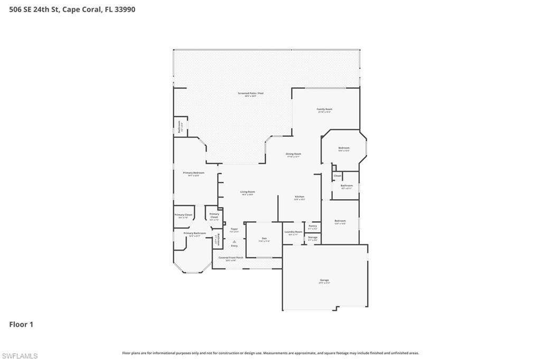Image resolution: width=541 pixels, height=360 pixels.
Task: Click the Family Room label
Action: [324, 109]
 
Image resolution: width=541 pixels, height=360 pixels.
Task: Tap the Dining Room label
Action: [293, 154]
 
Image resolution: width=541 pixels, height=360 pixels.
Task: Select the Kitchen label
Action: [300, 197]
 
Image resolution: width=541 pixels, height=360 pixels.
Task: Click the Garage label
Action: [324, 280]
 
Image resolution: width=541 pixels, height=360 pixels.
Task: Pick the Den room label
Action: [264, 239]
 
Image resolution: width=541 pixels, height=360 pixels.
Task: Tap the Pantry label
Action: [313, 226]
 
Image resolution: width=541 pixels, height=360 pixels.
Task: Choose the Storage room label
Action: [313, 238]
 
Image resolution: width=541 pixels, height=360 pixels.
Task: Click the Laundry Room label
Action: [293, 232]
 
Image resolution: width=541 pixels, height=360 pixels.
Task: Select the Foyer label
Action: [234, 229]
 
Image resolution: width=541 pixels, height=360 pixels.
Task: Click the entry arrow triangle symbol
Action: [234, 241]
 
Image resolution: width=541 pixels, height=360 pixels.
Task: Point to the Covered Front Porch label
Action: [231, 258]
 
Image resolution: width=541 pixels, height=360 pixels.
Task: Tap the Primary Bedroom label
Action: [193, 173]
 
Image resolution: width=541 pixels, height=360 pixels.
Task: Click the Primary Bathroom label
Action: [194, 233]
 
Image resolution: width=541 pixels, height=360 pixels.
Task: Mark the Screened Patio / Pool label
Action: [250, 93]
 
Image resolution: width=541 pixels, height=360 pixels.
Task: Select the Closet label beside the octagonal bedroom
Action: [337, 176]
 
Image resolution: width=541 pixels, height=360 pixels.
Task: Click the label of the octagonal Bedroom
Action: [344, 148]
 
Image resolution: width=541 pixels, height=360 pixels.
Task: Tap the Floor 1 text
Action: [21, 325]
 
